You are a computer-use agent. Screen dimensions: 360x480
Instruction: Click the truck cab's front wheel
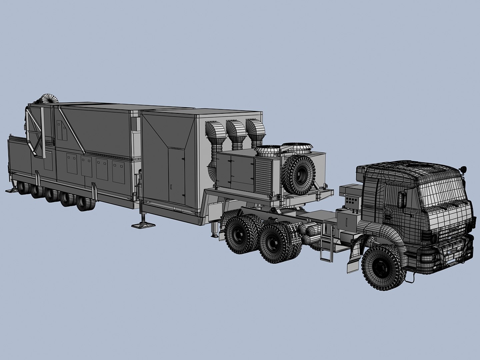pyautogui.click(x=383, y=266)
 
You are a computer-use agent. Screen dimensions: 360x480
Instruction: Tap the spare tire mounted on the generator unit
pyautogui.click(x=299, y=171)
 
